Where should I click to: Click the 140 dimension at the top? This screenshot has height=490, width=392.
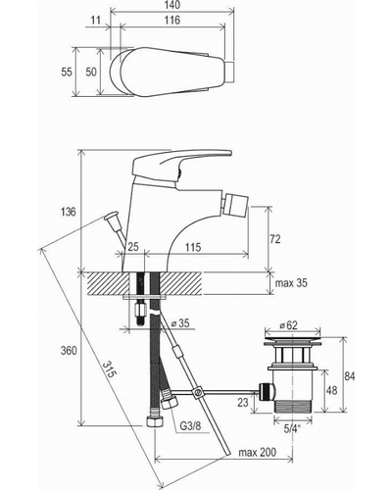[172, 5]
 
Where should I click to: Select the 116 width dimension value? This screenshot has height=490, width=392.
[172, 21]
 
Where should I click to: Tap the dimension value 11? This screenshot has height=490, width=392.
[96, 21]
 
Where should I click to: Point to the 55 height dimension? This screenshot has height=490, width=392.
[67, 72]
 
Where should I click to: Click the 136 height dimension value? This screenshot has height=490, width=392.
[68, 212]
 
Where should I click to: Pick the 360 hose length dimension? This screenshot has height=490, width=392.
[69, 351]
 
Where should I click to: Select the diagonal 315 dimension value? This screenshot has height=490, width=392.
[109, 369]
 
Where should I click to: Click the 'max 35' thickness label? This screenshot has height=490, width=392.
[291, 282]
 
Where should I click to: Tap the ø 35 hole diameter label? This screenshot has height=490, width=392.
[180, 323]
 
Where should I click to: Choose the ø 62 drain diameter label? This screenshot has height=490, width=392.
[289, 325]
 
